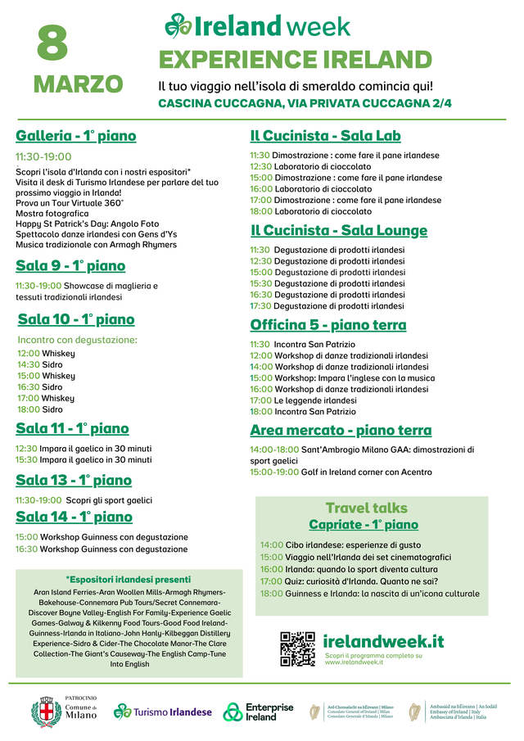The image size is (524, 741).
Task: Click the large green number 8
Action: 52,43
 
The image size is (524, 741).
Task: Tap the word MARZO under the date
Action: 78,84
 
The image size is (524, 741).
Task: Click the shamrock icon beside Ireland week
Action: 178,25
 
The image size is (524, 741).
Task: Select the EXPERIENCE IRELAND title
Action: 295,60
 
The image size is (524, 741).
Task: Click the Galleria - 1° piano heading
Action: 76,136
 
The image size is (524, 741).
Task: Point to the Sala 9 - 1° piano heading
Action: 70,265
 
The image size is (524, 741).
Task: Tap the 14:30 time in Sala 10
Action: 29,364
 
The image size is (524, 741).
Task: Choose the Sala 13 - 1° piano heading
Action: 74,480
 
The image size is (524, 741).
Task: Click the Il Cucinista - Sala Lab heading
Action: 325,136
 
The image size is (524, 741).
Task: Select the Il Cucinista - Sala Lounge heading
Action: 338,230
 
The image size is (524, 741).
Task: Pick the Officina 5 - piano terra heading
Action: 327,325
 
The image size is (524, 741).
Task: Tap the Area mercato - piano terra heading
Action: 341,430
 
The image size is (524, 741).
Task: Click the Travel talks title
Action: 366,508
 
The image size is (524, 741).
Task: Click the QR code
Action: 297,648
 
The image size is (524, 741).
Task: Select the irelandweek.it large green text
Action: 383,641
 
